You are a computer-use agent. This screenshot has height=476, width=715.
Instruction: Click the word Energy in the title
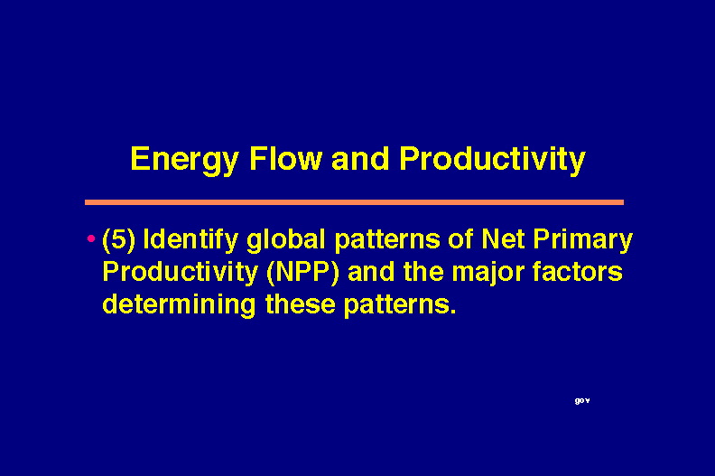point(184,160)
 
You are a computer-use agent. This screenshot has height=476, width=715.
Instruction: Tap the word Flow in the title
point(285,158)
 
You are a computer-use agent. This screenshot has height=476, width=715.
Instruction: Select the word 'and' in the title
point(360,158)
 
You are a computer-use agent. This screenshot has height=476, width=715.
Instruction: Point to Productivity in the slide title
point(492,160)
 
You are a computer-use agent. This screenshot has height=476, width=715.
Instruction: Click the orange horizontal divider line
point(354,202)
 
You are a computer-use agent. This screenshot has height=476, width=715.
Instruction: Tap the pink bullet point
point(91,238)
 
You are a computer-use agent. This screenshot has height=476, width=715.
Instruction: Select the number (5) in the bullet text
point(119,239)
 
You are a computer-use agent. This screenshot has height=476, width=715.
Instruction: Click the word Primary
point(583,240)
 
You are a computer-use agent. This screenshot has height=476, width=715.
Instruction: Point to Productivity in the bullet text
point(181,273)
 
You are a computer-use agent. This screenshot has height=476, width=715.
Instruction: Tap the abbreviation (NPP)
point(302,273)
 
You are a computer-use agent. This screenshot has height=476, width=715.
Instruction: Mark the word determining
point(180,305)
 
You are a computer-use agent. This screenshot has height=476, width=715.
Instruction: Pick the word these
point(301,303)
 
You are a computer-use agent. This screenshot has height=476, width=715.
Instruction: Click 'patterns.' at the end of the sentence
point(400,305)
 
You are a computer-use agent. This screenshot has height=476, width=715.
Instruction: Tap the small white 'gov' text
point(582,401)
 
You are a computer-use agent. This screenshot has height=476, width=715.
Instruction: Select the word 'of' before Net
point(460,238)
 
